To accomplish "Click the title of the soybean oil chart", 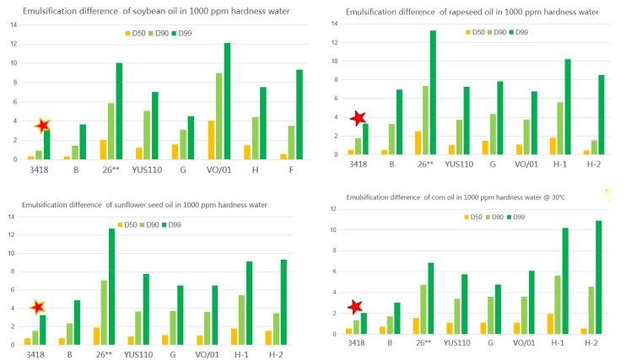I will tap(157, 10).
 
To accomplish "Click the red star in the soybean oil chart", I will tap(43, 126).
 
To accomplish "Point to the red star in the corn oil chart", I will tap(355, 307).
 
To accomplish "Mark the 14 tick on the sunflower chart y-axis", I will tap(11, 218).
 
